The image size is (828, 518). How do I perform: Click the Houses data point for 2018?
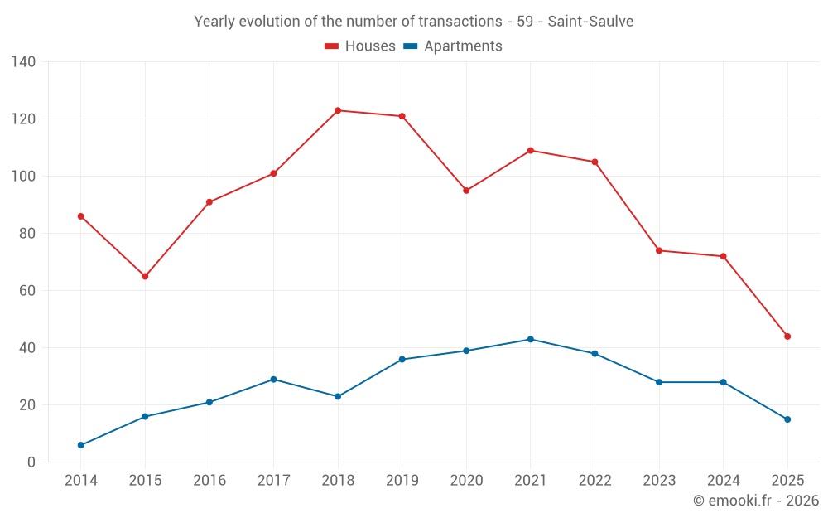(x=338, y=110)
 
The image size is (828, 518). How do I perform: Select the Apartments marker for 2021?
(x=531, y=339)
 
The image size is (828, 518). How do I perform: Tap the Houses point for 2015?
(x=145, y=276)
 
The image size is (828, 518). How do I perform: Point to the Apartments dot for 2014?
(x=81, y=445)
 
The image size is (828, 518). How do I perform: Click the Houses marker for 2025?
(x=787, y=336)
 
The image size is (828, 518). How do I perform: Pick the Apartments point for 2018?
(x=338, y=396)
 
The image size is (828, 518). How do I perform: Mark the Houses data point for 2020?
(x=466, y=191)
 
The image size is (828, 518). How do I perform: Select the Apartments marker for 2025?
(x=787, y=419)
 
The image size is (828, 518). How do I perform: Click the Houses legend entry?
(x=360, y=46)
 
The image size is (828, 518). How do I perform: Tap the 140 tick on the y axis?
(x=24, y=62)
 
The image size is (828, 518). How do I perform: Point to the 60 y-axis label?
(x=27, y=291)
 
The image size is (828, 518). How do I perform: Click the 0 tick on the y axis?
(x=31, y=462)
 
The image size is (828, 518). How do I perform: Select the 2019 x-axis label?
(x=402, y=481)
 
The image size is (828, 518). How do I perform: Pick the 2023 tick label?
(x=659, y=481)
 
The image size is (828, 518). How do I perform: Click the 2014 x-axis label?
(x=81, y=481)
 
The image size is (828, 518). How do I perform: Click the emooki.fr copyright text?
(x=755, y=501)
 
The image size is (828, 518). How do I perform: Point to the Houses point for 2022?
(x=595, y=162)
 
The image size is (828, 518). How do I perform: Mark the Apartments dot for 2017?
(x=273, y=380)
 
